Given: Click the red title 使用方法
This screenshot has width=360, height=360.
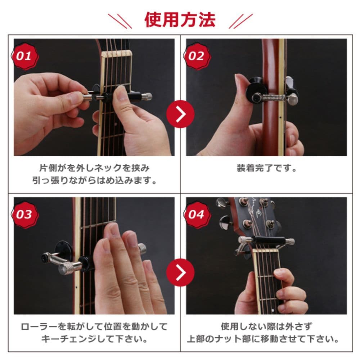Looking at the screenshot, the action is point(180,20).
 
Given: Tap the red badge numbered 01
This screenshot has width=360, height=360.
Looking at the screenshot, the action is point(25,56).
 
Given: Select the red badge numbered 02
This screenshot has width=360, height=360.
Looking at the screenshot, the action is point(197,56).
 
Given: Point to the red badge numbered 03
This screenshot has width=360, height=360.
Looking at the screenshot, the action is point(25,215).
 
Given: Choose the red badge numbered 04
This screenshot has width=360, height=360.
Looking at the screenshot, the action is point(197,215).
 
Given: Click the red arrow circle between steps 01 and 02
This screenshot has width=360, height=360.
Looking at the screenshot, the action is point(180,114).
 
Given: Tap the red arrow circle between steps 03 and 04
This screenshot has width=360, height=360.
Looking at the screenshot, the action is point(180,273).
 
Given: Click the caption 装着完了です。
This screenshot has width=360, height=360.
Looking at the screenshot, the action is point(266,168).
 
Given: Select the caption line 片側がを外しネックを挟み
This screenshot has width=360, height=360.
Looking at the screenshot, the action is point(94,168).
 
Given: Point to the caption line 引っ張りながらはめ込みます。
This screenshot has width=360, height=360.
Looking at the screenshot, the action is point(94,180).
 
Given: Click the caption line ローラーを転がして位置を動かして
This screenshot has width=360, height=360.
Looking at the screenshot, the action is point(94,327).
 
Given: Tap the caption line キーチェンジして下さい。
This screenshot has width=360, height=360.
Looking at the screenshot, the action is point(94,339).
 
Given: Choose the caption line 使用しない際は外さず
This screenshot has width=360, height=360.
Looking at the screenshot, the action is point(266,327).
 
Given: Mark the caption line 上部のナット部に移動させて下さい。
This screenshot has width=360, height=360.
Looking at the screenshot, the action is point(263,339).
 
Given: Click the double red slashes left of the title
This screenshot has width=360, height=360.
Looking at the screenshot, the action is point(120,21).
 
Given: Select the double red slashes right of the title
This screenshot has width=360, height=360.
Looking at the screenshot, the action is point(240,21).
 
